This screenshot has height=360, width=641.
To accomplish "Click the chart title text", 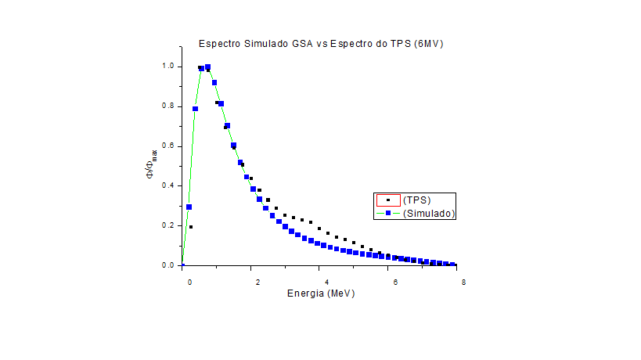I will point(321,43).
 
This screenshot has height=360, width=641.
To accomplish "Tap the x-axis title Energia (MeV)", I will point(321,294).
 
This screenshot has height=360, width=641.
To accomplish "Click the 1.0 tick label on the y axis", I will point(167,67).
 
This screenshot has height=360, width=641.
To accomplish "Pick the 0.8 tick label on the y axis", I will point(167,106).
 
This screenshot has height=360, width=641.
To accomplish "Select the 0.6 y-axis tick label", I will point(167,146).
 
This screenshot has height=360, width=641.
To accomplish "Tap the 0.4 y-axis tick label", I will point(167,186).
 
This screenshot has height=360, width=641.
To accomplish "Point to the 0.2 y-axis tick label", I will point(167,226).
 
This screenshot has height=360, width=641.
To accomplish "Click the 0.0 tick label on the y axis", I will point(167,266).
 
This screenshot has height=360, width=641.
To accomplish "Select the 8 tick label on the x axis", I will point(464,283).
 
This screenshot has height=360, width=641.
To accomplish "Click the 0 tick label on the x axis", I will point(189,283).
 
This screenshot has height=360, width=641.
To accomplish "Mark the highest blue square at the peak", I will point(207,67).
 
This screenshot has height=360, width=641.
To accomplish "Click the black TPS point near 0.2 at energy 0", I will point(191,227).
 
